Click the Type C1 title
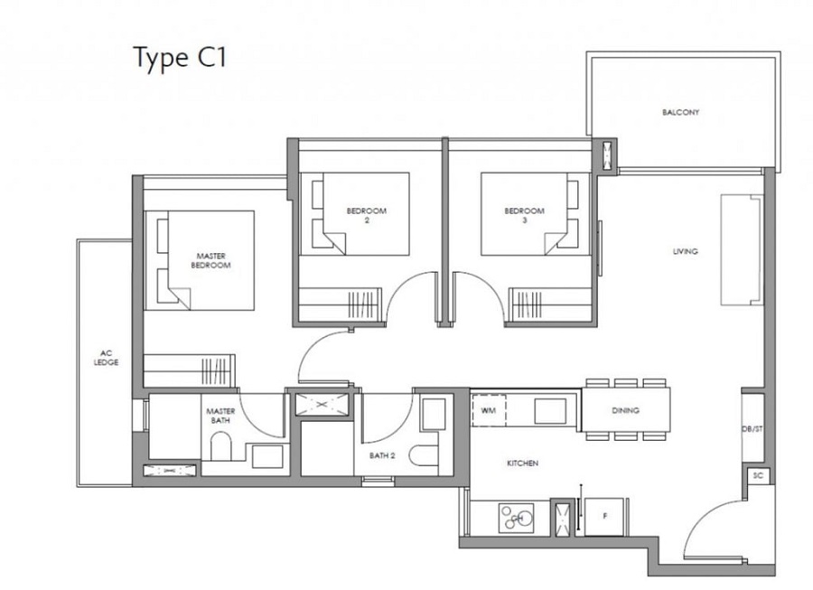(x=180, y=58)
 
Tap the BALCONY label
(x=680, y=112)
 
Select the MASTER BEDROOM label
(x=211, y=260)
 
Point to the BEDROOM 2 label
(x=367, y=215)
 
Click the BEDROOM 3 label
(x=524, y=215)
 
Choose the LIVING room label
(x=685, y=251)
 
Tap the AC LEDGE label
(x=107, y=358)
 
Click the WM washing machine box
(x=489, y=410)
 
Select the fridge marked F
(x=604, y=517)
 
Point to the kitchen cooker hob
(x=517, y=518)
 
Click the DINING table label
(x=625, y=410)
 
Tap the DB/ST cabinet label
(x=752, y=429)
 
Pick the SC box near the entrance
(x=758, y=475)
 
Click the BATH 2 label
(x=382, y=455)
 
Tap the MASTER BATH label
(x=220, y=416)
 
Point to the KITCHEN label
(x=522, y=463)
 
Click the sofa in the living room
(x=742, y=250)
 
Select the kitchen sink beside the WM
(x=550, y=411)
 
